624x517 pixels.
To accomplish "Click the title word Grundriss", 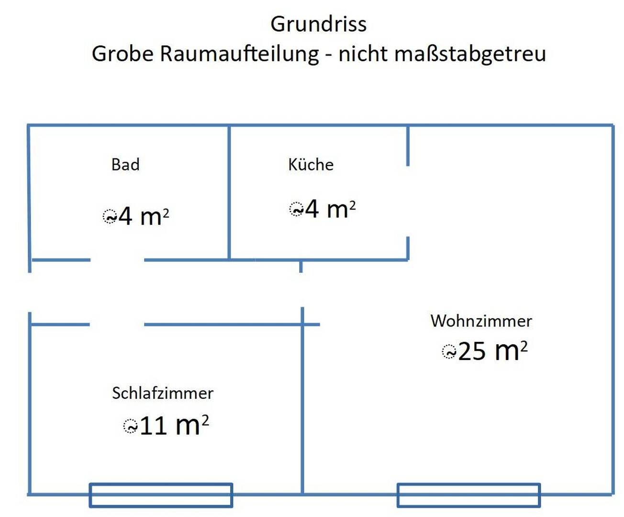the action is pos(318,24).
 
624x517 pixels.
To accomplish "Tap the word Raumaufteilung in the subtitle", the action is pos(239,55).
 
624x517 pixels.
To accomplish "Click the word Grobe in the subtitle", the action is pos(123,54).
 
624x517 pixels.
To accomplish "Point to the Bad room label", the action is pos(125,165).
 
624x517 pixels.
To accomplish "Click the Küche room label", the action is pos(311,164).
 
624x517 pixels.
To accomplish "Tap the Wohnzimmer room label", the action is pos(481,321).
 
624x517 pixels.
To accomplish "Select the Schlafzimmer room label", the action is pos(163,393).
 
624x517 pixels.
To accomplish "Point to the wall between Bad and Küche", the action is pos(229,192).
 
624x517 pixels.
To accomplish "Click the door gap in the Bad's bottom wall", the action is pos(117,260).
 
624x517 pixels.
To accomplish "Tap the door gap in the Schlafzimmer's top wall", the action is pos(117,324).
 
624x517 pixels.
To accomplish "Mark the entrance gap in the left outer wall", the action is pos(30,292).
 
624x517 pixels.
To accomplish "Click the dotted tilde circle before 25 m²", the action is pos(449,352).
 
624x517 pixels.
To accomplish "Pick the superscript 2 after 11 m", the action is pos(205,420).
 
